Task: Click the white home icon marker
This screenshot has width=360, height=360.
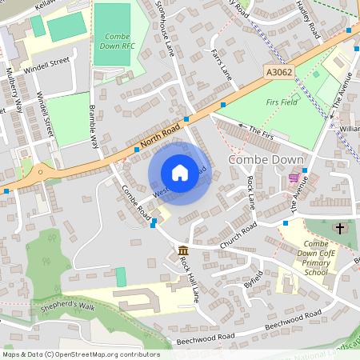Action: tap(179, 173)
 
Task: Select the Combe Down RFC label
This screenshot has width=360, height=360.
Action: tap(118, 42)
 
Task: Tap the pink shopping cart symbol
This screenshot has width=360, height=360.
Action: tap(294, 178)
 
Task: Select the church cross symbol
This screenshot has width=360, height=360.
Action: tap(339, 228)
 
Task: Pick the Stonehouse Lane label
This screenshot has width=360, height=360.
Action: tap(166, 28)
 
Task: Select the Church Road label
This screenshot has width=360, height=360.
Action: tap(238, 234)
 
